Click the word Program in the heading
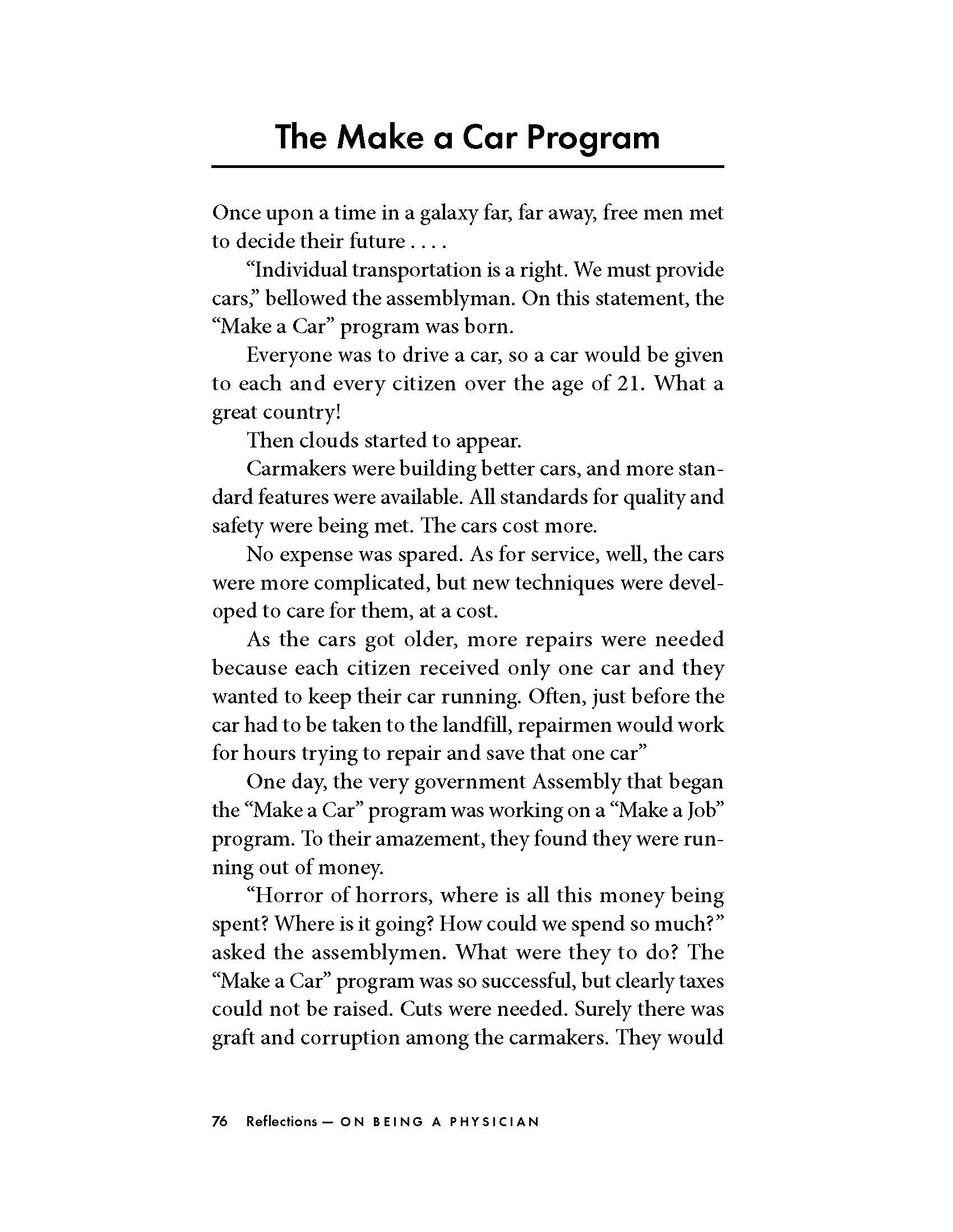[593, 138]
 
